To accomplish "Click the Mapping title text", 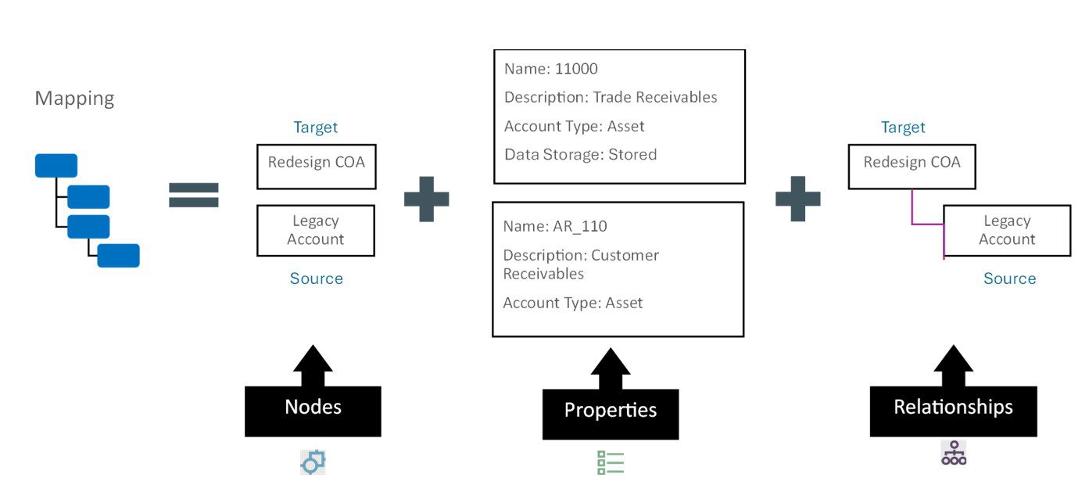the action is coord(74,99).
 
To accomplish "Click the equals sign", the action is coord(194,195).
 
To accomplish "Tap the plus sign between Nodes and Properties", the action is coord(426,199).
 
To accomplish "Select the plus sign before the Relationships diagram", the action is coord(797,199).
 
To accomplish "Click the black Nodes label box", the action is coord(313,411).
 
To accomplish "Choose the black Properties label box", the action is coord(611,414).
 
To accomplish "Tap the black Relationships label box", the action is coord(953,411).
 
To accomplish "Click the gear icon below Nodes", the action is coord(313,462).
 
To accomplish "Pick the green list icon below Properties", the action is coord(611,462).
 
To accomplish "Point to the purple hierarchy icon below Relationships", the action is coord(954,453).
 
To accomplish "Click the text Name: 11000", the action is coord(551,69).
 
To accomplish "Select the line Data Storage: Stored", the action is coord(581,155).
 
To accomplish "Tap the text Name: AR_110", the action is coord(555,226).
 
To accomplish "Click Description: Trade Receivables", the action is coord(611,98).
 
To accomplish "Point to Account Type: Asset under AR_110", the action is coord(573,303).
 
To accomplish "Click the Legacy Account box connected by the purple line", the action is coord(1007,231).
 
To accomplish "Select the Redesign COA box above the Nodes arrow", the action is coord(317,167).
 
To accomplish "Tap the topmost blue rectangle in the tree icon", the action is coord(56,165).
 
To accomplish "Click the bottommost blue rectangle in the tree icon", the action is coord(118,255).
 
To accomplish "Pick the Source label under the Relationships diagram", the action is coord(1010,278).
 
